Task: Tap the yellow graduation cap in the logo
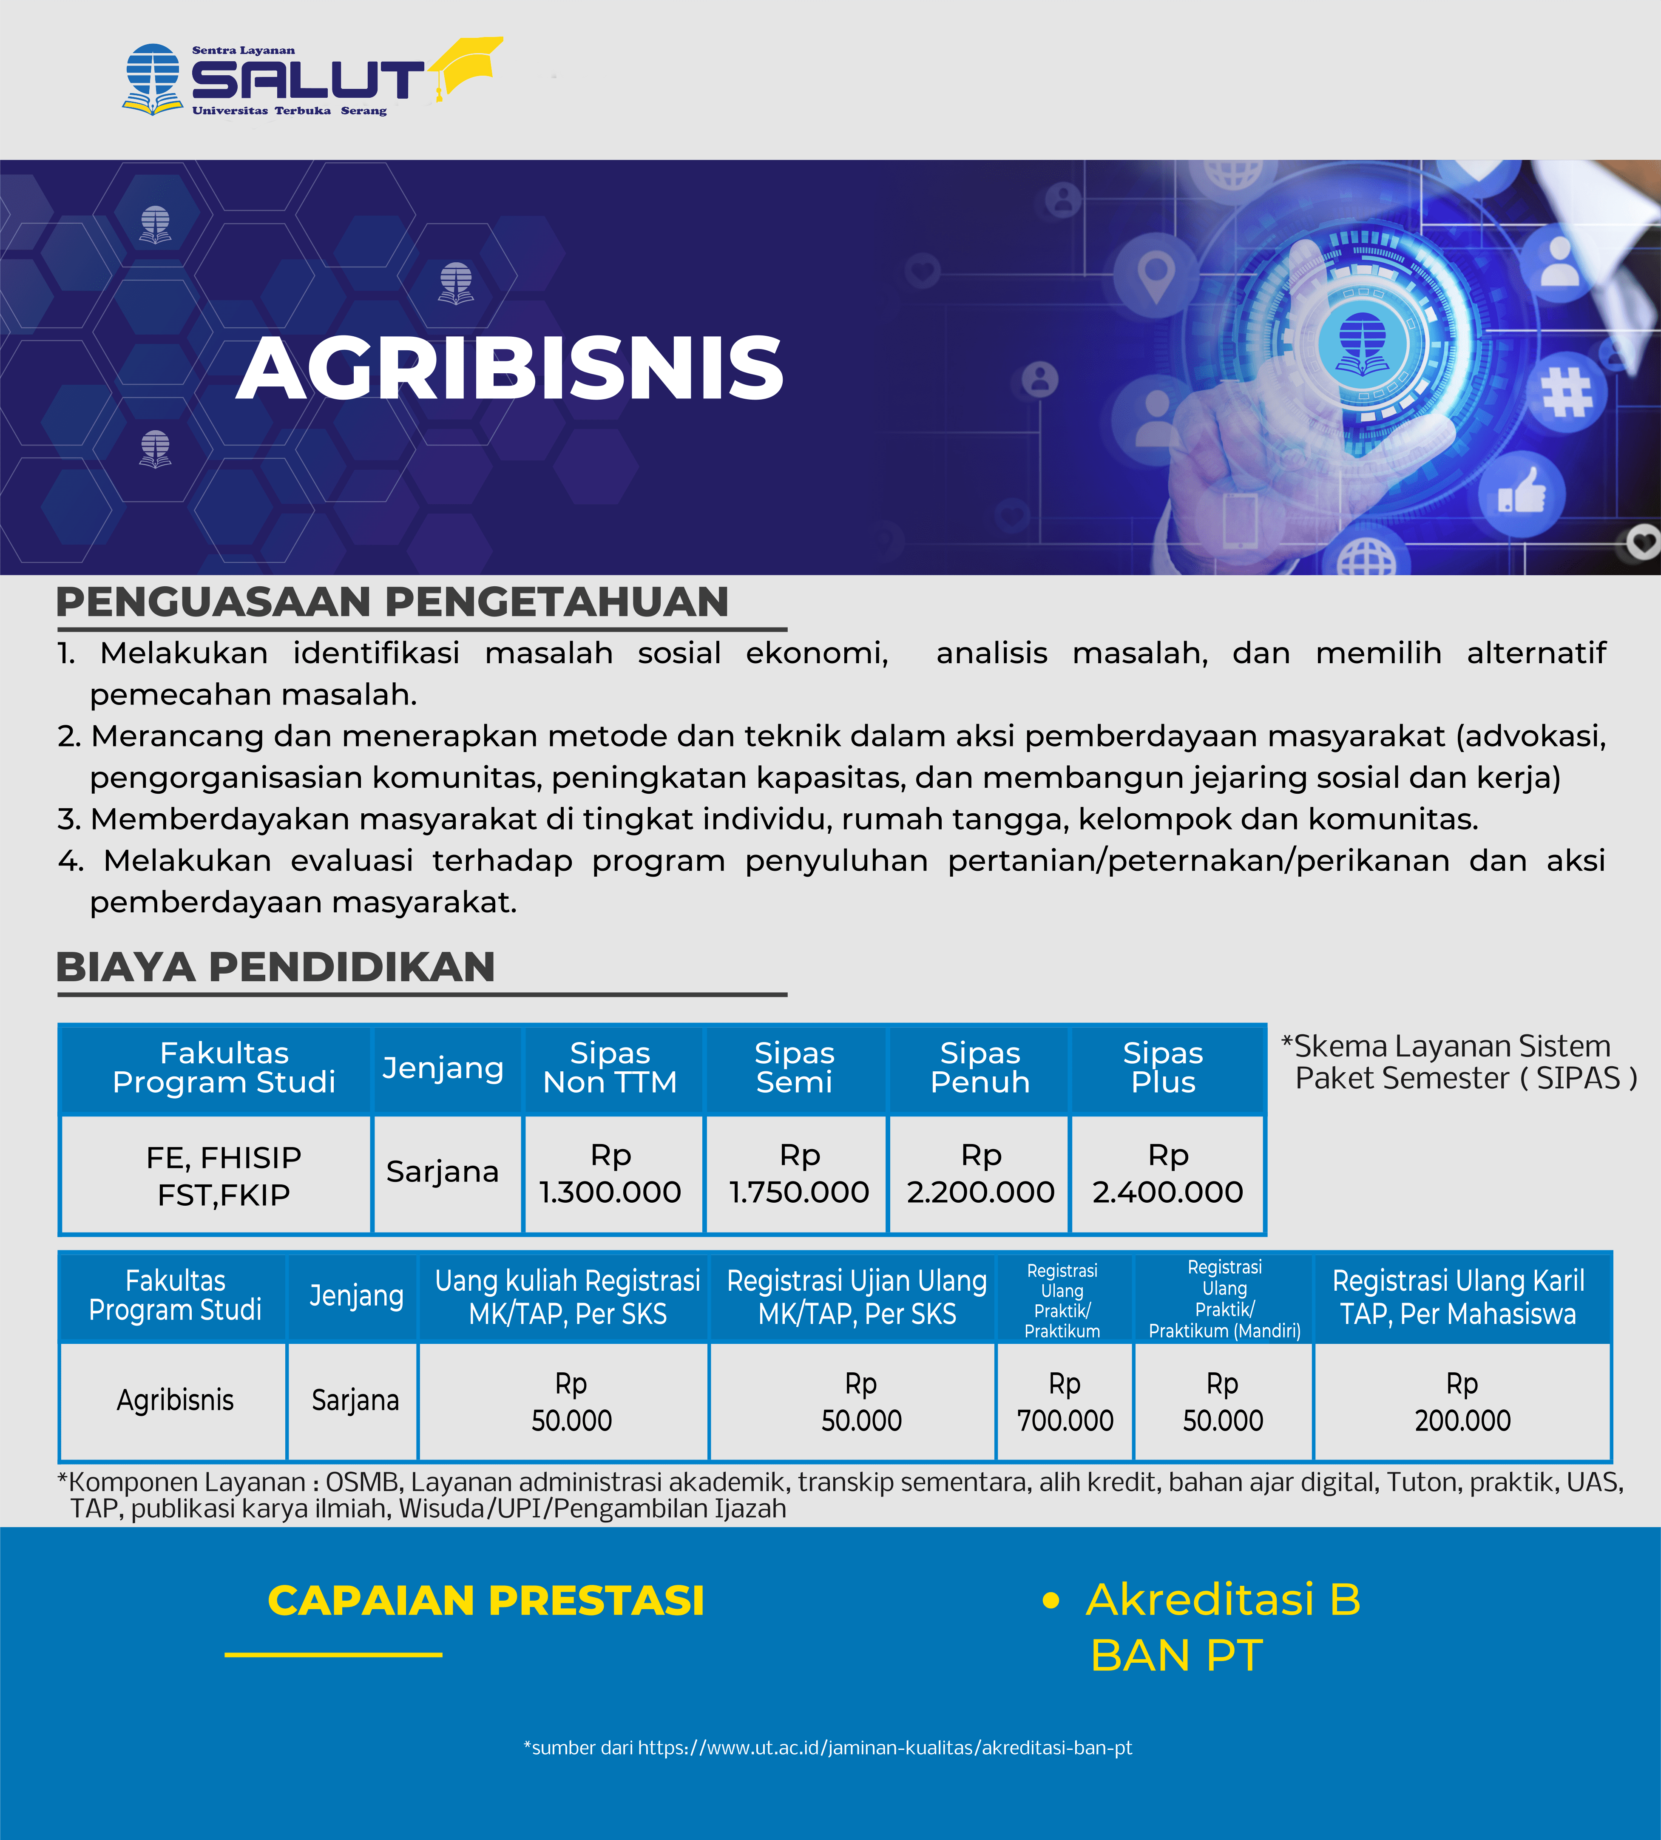coord(466,66)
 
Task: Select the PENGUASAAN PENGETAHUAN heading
coord(392,602)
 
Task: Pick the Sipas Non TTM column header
coord(610,1068)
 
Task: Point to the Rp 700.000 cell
coord(1065,1402)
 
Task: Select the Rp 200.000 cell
coord(1463,1402)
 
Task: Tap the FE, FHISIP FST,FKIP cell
coord(224,1176)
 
